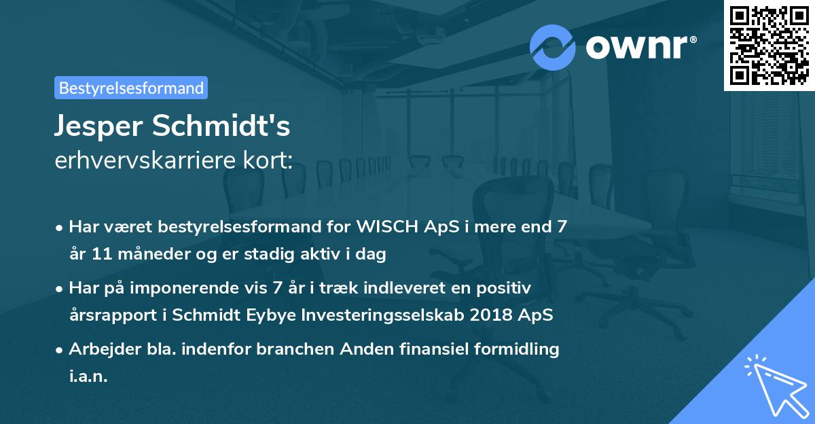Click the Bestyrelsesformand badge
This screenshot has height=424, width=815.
131,88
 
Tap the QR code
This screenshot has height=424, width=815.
769,45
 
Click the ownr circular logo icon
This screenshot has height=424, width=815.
553,47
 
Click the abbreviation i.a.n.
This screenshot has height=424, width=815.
88,376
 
